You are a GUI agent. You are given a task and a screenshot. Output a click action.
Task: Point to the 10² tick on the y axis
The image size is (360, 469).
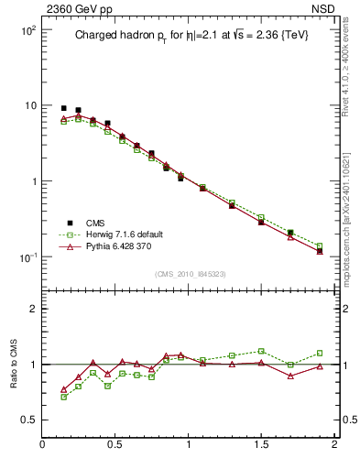(25, 30)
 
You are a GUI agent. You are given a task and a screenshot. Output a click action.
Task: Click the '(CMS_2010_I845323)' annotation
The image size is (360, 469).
(188, 274)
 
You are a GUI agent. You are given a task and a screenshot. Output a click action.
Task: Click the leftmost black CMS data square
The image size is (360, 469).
(63, 108)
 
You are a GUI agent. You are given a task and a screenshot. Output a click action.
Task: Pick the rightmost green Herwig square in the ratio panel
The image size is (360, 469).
(320, 353)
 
